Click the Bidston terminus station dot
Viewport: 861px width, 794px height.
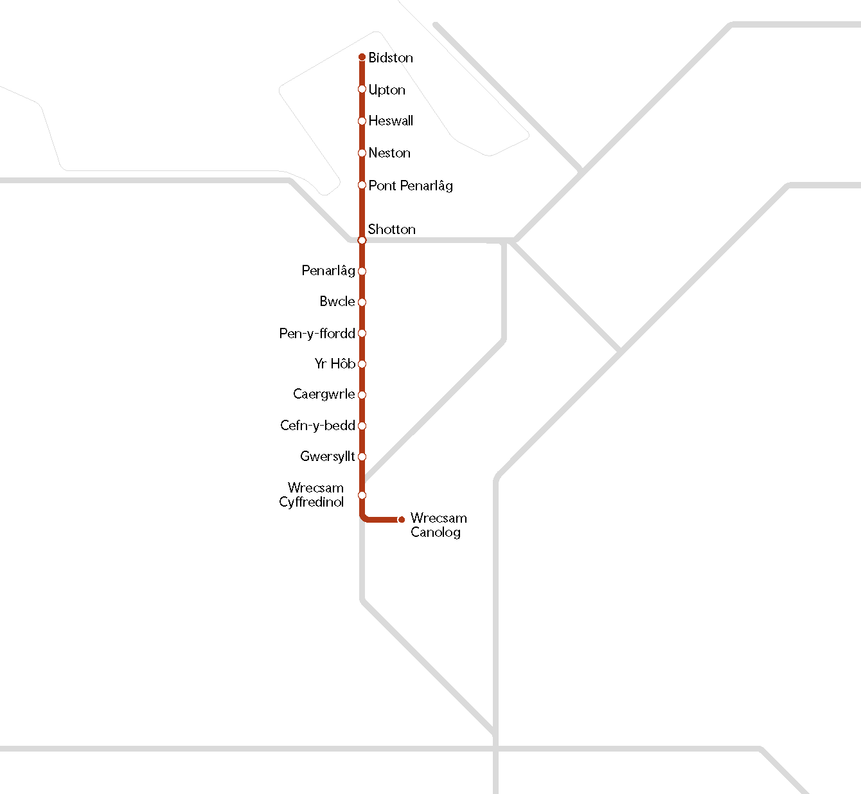(x=362, y=57)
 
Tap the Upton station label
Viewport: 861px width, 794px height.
(x=387, y=90)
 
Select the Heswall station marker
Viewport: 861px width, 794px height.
(x=362, y=121)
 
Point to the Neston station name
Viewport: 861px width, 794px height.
(x=389, y=153)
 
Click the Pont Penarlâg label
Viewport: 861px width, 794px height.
(x=411, y=186)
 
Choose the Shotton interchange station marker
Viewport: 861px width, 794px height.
(x=362, y=240)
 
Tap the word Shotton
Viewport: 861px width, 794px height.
(x=391, y=230)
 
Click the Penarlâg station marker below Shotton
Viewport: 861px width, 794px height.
(x=362, y=271)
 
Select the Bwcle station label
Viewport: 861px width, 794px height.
(x=337, y=302)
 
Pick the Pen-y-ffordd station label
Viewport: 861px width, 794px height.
(x=317, y=334)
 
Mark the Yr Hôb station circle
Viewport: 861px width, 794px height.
(x=362, y=364)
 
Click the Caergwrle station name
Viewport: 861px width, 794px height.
(x=324, y=394)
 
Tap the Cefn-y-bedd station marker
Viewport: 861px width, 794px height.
(x=362, y=426)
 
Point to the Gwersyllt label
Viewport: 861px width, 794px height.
(x=328, y=456)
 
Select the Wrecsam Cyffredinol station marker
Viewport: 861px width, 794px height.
(x=362, y=495)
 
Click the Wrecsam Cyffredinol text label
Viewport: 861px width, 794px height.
(x=312, y=495)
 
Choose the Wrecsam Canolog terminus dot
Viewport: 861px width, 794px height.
(x=402, y=519)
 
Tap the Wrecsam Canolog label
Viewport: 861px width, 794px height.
(x=438, y=525)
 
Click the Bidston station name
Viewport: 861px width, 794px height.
(x=391, y=58)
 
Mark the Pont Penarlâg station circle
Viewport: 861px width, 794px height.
(x=362, y=185)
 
